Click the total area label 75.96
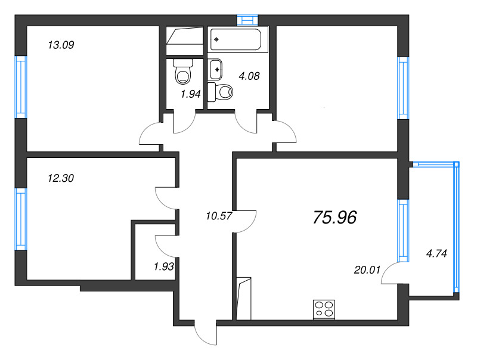click(334, 218)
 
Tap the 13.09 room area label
click(60, 44)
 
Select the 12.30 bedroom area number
click(60, 177)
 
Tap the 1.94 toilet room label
click(190, 94)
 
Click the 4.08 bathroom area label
click(249, 76)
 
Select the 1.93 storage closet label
click(163, 266)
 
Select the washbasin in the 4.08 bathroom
click(216, 68)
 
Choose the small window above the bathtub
click(244, 19)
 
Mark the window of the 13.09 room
click(21, 87)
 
